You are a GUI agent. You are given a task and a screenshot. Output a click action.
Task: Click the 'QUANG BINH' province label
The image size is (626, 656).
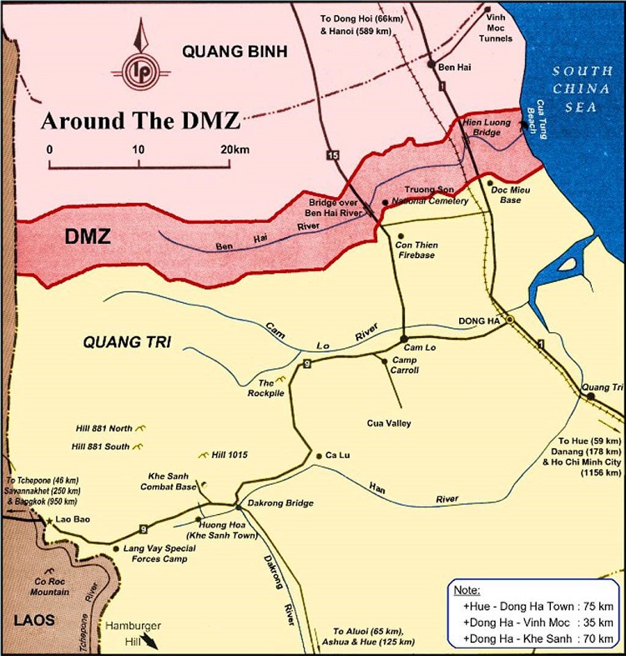(235, 53)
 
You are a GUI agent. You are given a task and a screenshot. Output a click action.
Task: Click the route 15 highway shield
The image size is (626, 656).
(334, 155)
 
